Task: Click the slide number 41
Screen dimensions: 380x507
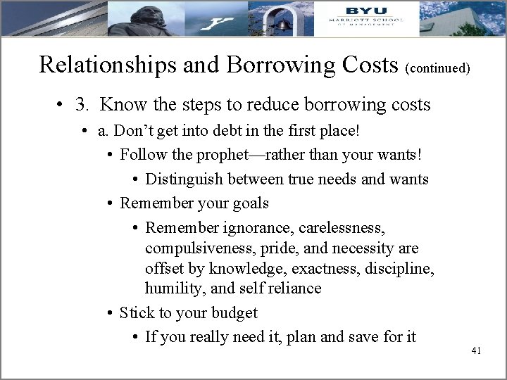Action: coord(475,350)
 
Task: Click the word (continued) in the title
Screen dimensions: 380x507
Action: coord(437,69)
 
